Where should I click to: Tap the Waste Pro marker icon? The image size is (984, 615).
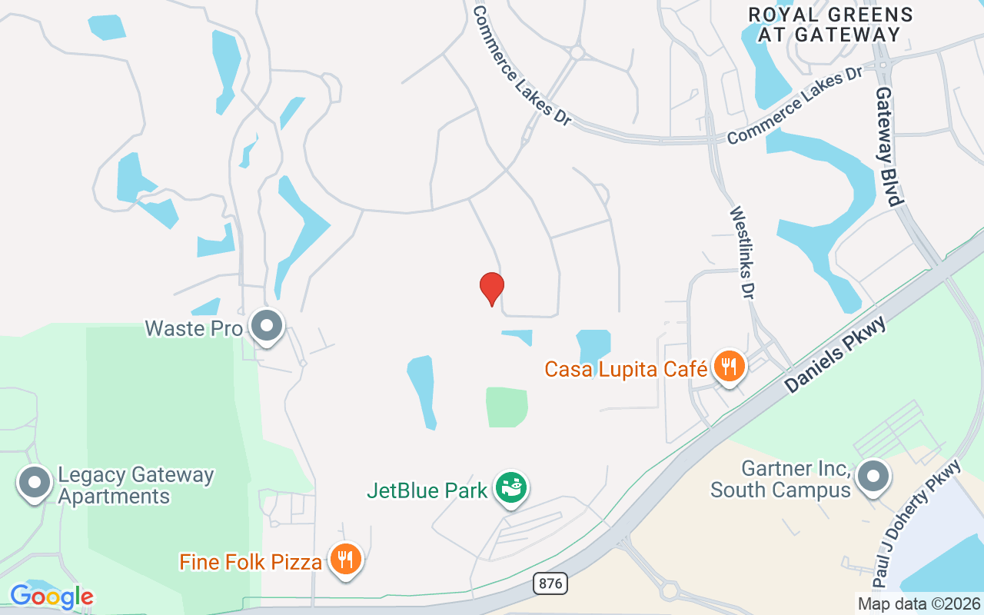tap(267, 326)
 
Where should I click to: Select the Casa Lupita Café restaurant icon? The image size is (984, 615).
tap(727, 366)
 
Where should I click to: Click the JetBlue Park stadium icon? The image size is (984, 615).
tap(510, 487)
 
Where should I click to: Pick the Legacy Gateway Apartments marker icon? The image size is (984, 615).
tap(35, 483)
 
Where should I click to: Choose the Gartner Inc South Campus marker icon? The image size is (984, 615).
tap(873, 477)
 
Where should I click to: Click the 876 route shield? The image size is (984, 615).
tap(550, 584)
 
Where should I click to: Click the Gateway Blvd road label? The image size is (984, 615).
tap(888, 146)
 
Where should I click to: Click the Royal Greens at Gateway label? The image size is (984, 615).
tap(830, 25)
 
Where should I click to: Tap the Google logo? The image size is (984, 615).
tap(52, 597)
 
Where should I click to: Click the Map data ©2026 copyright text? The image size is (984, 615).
tap(919, 603)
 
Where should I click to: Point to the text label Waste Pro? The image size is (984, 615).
tap(194, 329)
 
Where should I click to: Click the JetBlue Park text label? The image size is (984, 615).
tap(427, 490)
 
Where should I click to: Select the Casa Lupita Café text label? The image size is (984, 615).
tap(626, 369)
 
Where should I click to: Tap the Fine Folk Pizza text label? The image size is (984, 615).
tap(251, 562)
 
